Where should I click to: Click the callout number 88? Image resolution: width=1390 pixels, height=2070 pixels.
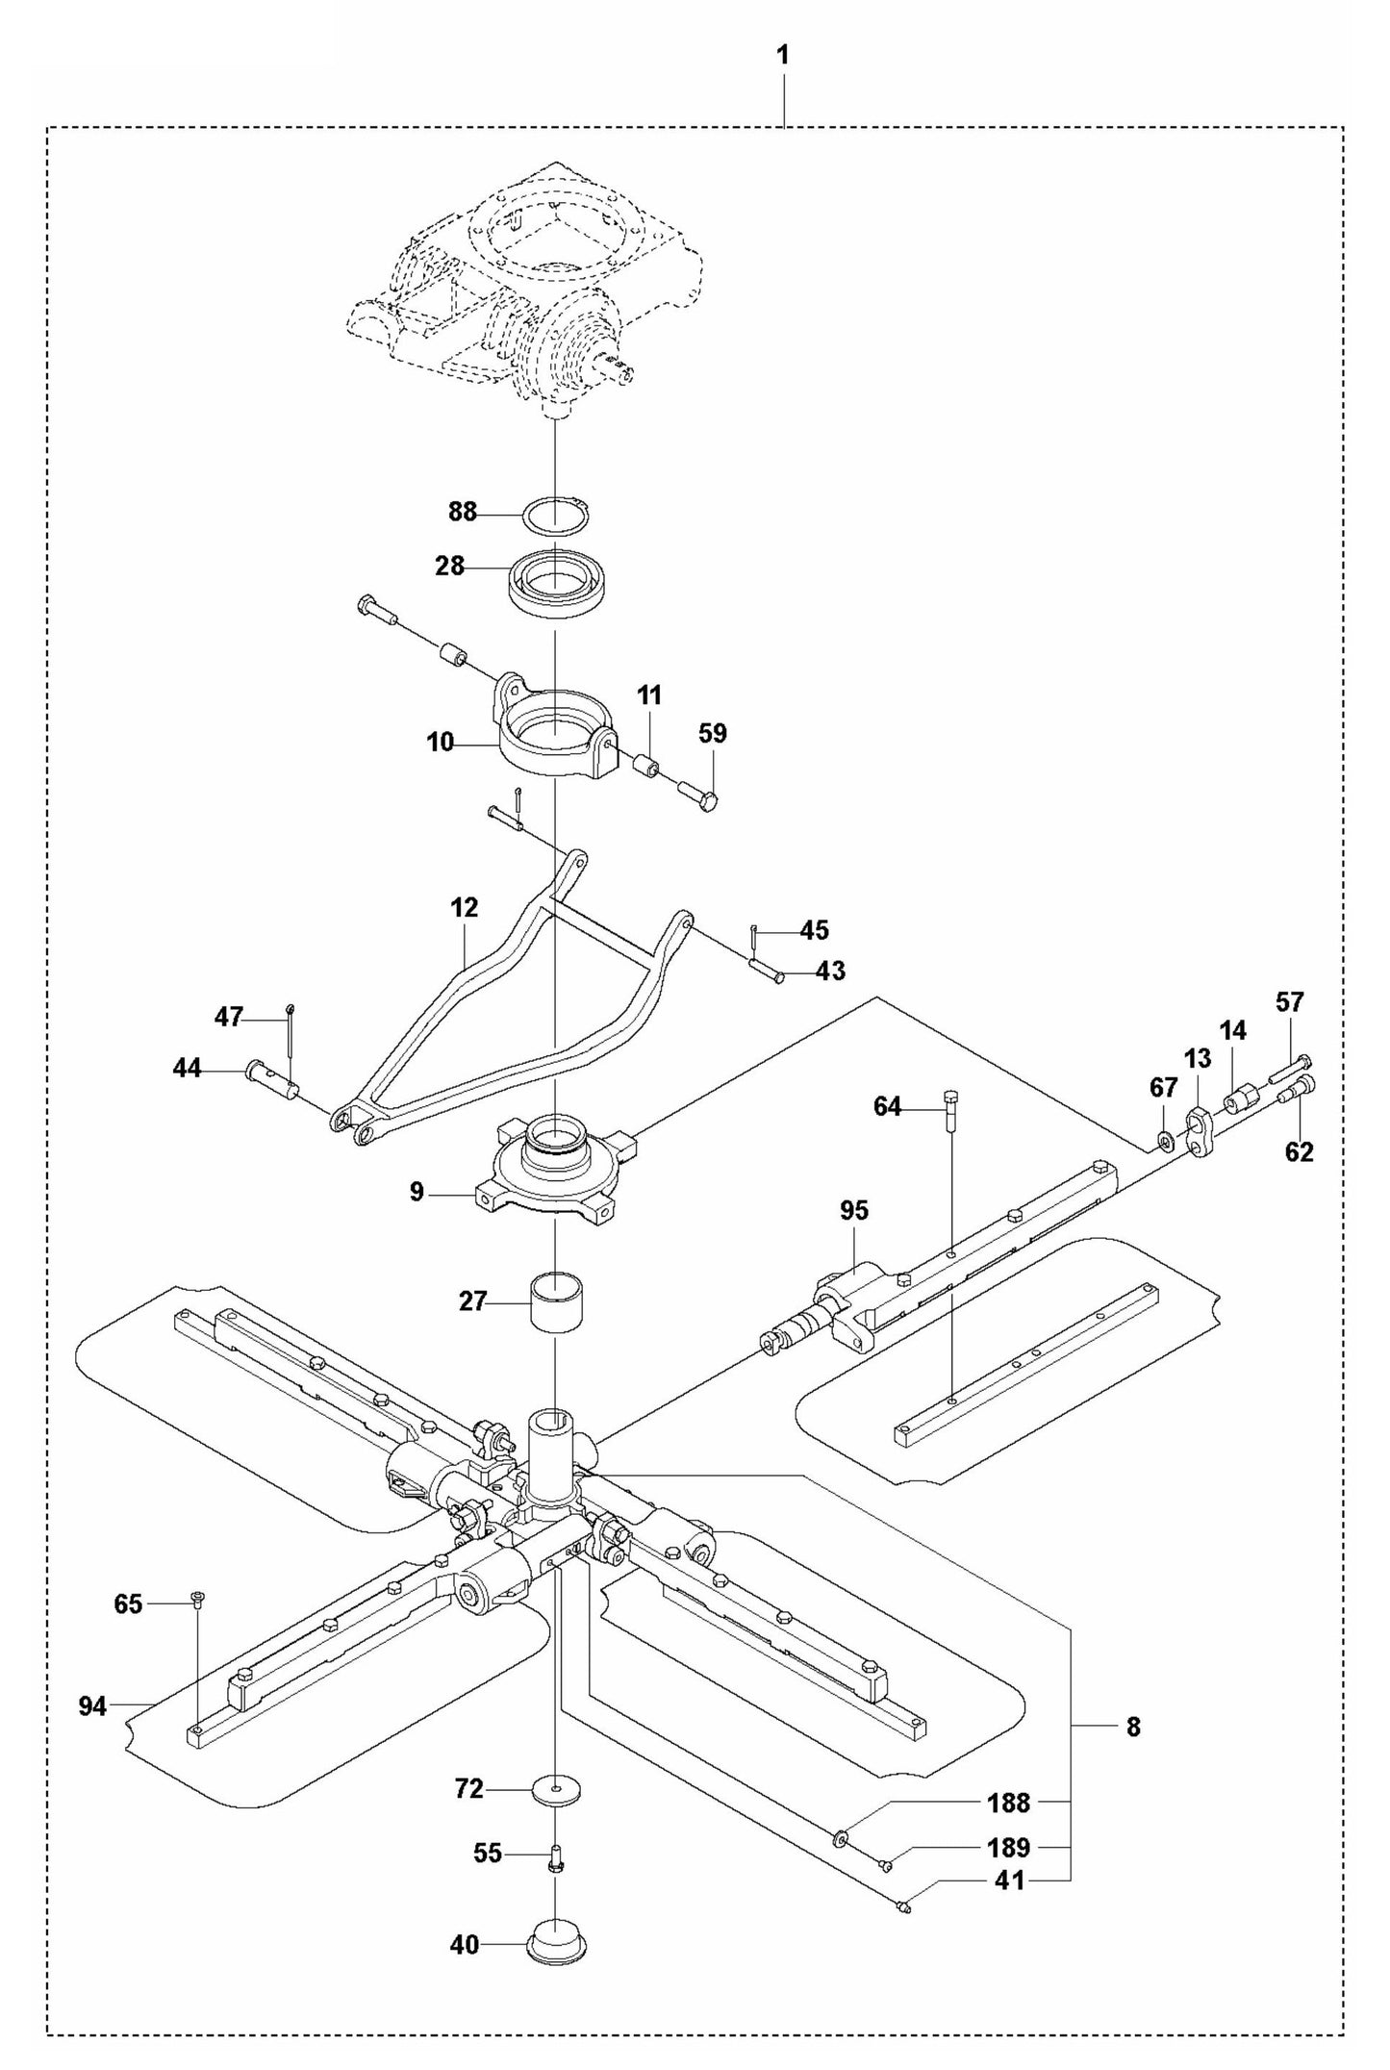click(x=463, y=513)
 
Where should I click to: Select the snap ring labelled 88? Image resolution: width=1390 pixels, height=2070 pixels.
click(x=556, y=516)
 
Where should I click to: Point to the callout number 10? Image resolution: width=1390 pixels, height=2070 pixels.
click(x=440, y=744)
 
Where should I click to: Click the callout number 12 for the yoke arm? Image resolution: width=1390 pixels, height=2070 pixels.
click(x=464, y=907)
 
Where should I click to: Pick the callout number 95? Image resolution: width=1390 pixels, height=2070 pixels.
click(x=853, y=1211)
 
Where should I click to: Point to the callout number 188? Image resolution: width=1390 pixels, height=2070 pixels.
click(x=1008, y=1803)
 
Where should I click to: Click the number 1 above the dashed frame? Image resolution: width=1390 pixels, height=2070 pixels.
click(x=783, y=56)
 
